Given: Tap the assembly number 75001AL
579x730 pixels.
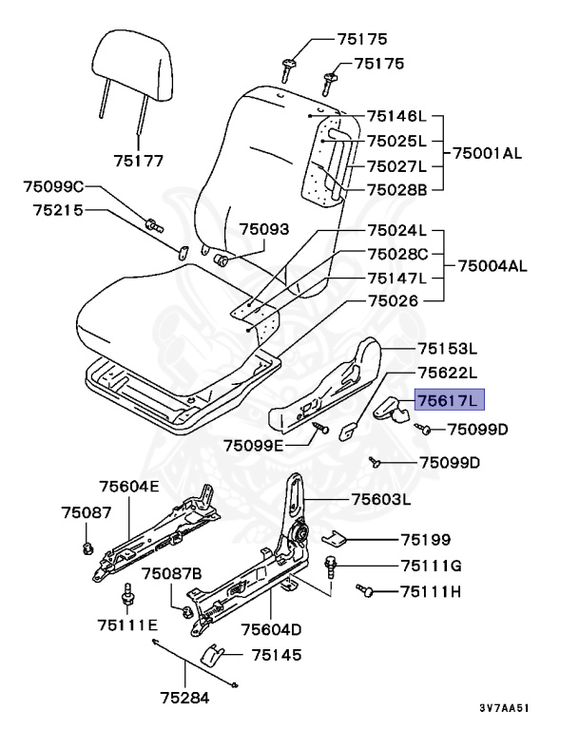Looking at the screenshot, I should click(488, 152).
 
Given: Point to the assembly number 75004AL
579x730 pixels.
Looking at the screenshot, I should click(492, 265).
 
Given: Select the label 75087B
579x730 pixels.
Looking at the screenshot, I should click(172, 573).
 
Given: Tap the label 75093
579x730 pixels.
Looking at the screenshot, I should click(264, 230).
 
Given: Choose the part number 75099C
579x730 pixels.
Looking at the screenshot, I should click(54, 185).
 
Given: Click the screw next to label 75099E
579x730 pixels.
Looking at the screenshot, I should click(324, 431).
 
